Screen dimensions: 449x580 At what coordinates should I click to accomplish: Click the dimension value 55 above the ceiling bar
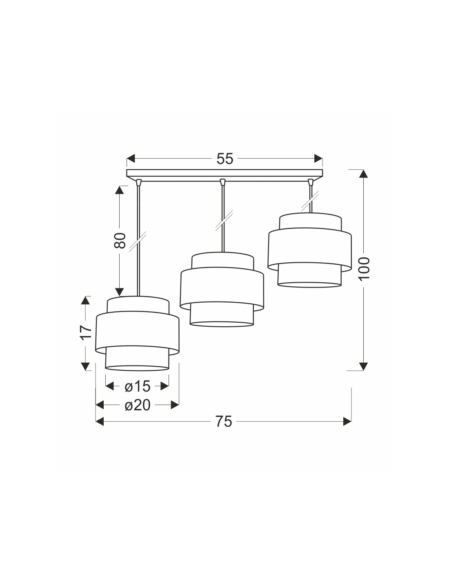224,159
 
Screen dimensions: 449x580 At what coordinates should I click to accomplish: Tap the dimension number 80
120,241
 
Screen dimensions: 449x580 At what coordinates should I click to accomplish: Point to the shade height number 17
85,332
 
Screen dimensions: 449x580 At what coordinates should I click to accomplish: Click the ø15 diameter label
138,386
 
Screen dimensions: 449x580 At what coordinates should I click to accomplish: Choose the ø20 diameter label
138,405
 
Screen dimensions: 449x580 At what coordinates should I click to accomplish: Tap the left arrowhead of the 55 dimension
130,158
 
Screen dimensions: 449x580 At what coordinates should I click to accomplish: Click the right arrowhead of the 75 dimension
347,422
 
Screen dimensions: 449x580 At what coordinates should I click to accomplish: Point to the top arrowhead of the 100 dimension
364,173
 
